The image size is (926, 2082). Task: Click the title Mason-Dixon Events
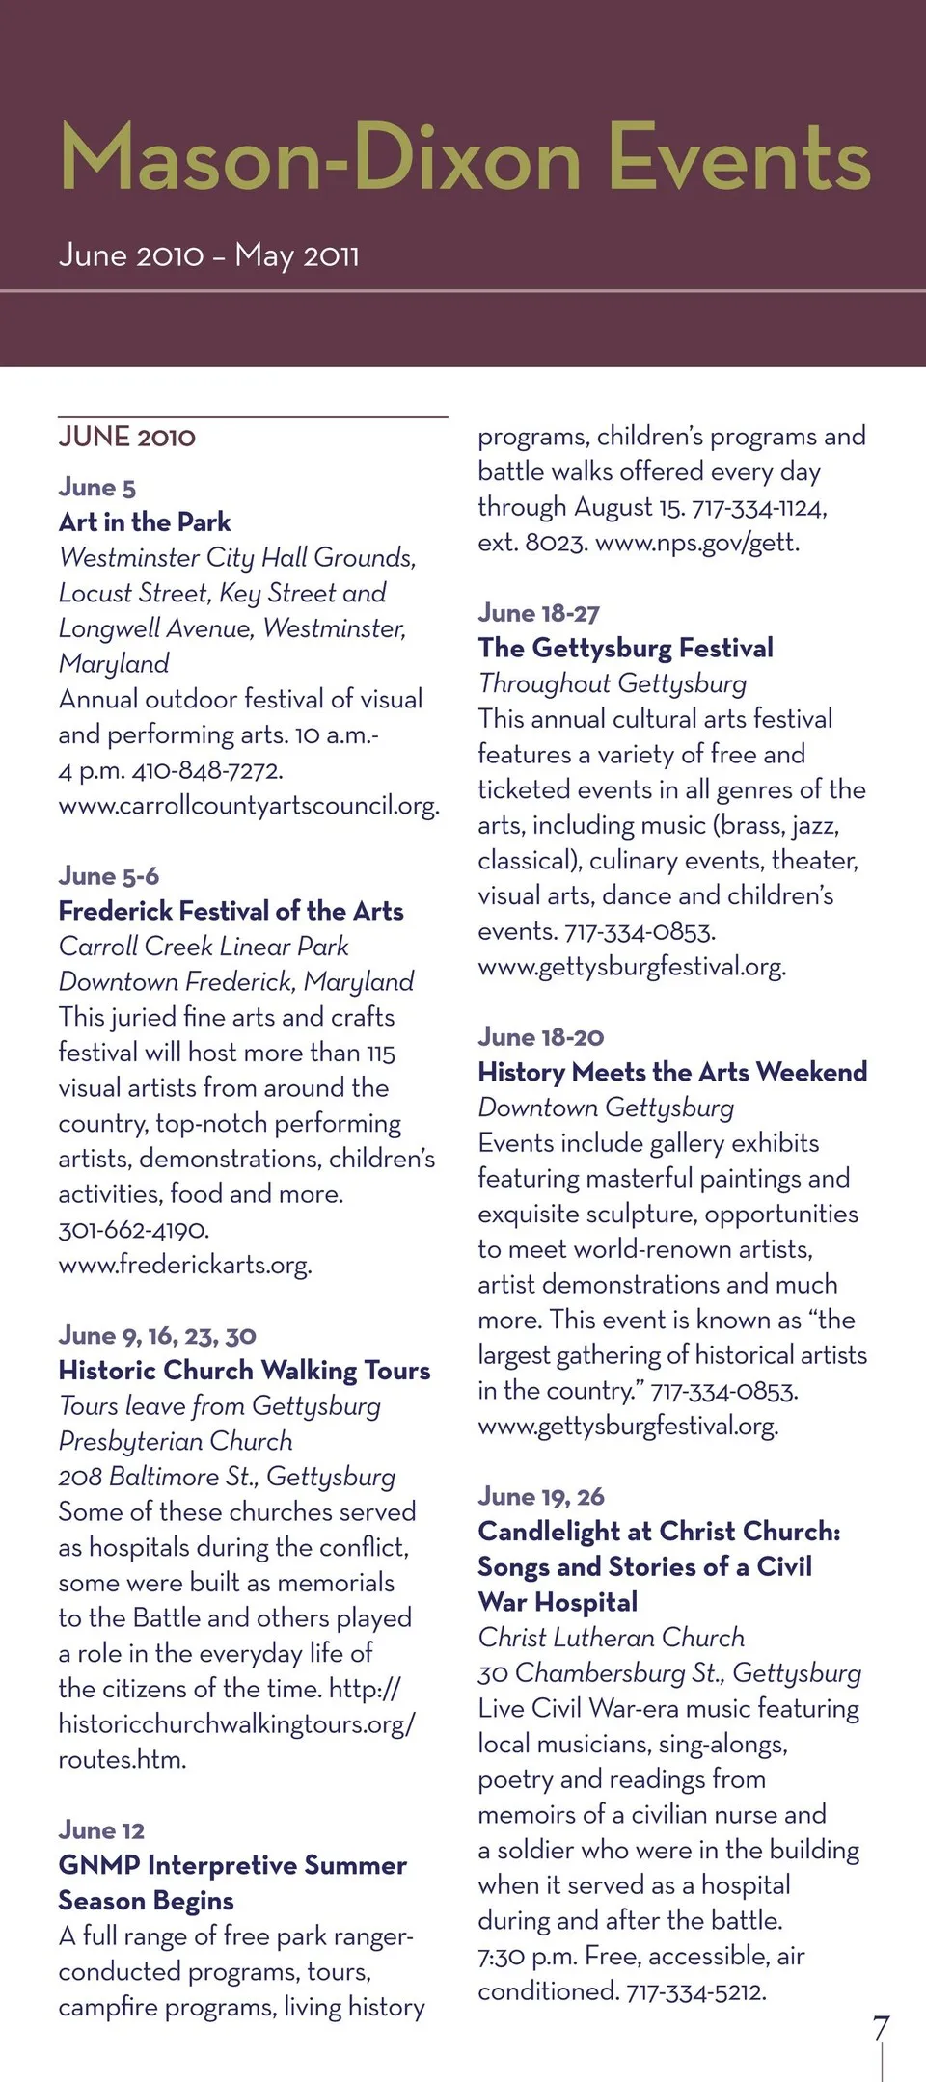465,158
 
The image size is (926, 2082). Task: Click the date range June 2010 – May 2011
208,255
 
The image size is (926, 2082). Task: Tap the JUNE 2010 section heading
127,437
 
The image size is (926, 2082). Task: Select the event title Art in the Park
145,522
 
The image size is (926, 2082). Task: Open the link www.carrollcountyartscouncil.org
249,806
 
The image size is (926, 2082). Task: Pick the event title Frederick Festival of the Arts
231,911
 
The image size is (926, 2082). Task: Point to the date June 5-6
109,876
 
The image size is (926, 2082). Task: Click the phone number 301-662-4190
134,1230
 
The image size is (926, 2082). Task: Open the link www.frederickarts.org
185,1265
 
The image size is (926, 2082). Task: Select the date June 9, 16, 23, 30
157,1336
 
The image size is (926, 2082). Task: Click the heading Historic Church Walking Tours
244,1371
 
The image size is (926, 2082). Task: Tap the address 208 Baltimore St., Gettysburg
227,1477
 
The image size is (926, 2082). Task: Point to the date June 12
101,1830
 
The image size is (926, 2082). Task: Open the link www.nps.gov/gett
697,543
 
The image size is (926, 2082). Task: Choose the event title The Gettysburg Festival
626,648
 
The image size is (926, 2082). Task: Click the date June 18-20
541,1037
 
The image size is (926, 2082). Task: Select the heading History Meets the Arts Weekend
672,1072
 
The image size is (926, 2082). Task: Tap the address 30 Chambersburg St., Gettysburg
669,1673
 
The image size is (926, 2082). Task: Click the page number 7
881,2028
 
